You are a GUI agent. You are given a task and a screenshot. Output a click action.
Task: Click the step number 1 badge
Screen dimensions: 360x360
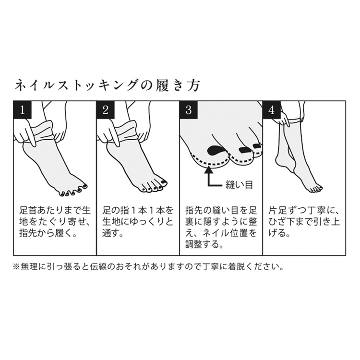[x=22, y=110]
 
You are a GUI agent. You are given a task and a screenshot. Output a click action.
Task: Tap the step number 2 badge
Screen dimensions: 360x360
[x=106, y=110]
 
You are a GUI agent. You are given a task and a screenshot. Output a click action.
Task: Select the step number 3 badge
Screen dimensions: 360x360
[x=189, y=110]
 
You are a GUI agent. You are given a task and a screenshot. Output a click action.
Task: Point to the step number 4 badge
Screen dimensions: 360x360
[x=272, y=110]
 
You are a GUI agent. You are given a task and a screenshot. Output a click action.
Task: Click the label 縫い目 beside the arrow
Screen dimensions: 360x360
[x=239, y=185]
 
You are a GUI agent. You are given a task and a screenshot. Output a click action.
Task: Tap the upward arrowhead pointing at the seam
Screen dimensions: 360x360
[x=209, y=170]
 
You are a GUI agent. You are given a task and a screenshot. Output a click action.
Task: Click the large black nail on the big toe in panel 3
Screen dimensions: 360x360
[x=216, y=150]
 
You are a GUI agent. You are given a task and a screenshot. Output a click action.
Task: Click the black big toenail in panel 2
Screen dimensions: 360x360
[x=163, y=182]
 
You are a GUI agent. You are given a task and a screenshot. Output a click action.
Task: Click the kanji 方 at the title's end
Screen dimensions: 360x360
[x=193, y=85]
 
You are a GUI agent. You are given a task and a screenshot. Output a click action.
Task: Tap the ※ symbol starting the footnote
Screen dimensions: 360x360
[x=16, y=267]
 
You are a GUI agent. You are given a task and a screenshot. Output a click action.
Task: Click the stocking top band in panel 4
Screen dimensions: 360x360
[x=295, y=120]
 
